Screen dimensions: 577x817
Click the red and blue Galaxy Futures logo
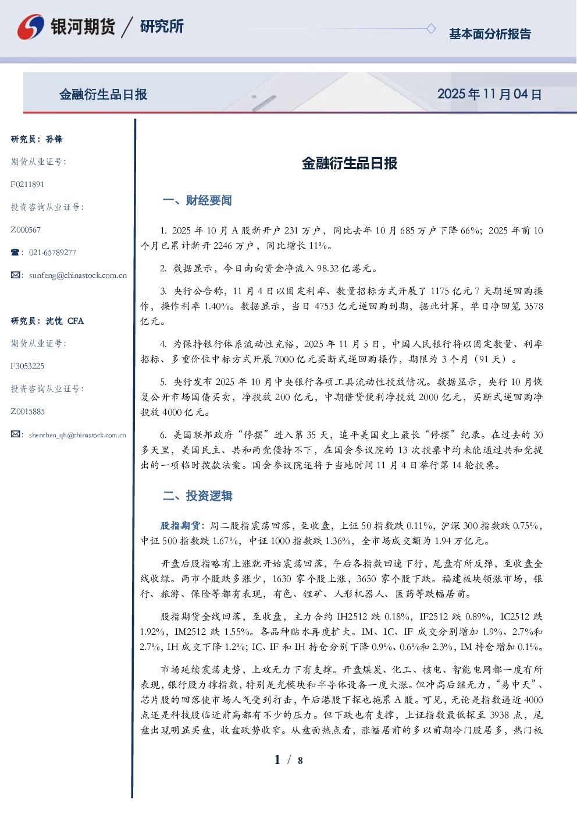tap(31, 26)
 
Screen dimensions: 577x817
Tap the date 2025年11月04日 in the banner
tap(489, 94)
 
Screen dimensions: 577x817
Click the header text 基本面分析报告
tap(490, 34)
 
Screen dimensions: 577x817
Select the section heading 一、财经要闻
tap(197, 200)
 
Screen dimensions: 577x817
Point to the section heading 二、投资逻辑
tap(197, 496)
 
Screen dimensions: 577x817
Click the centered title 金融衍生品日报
tap(350, 163)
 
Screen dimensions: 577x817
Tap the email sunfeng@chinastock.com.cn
tap(78, 275)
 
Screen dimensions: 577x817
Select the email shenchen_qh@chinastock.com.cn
tap(77, 435)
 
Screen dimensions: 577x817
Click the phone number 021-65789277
tap(52, 252)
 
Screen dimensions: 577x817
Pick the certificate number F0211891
tap(27, 184)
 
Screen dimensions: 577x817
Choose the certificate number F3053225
tap(27, 366)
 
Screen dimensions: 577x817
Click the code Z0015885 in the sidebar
tap(28, 412)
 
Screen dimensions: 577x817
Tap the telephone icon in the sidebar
tap(15, 252)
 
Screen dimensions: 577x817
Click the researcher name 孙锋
tap(54, 139)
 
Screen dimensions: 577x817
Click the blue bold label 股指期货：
tap(184, 526)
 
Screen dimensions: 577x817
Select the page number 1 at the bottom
tap(277, 760)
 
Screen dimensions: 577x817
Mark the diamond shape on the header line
tap(431, 29)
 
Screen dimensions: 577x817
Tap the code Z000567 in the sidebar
tap(26, 230)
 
